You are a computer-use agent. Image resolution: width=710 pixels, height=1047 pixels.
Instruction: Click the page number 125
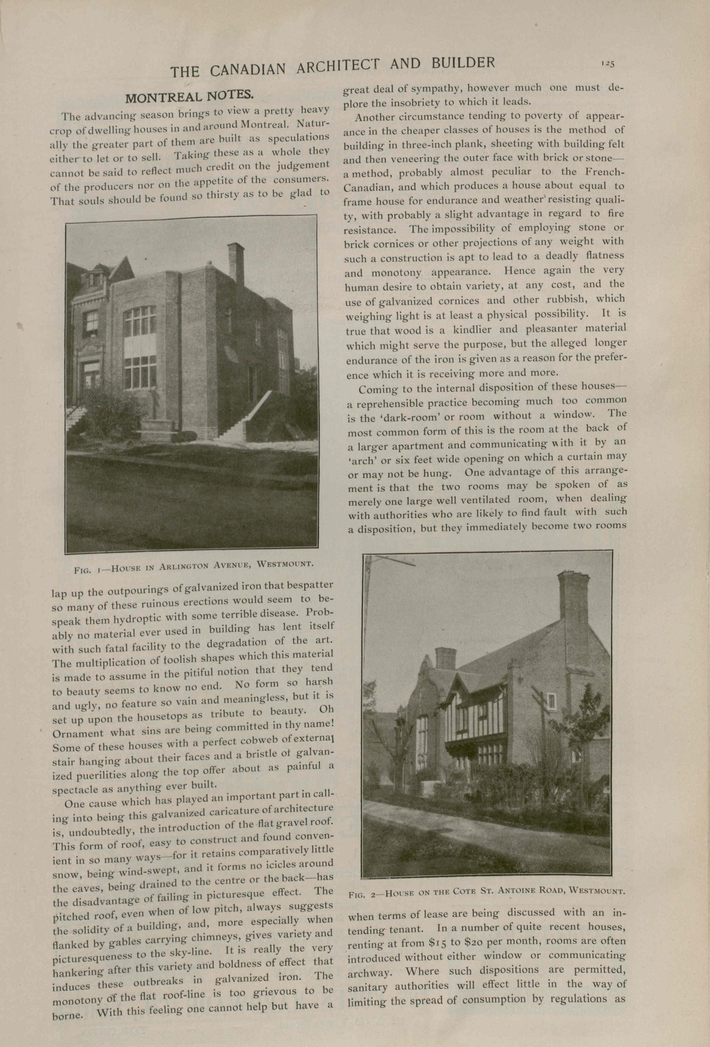click(607, 64)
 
